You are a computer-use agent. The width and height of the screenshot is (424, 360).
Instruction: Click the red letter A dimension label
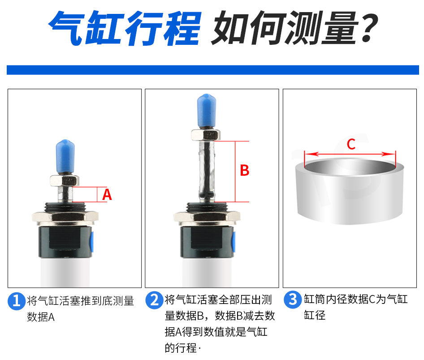107,195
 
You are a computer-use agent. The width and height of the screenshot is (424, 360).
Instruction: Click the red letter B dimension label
245,170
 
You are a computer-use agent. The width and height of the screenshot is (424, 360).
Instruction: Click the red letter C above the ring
351,144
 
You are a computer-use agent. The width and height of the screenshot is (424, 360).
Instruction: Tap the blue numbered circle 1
17,301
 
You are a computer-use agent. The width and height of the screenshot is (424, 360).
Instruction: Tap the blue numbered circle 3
293,299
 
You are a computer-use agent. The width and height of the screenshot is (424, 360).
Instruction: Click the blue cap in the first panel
65,157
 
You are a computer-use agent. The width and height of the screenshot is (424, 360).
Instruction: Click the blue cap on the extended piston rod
207,111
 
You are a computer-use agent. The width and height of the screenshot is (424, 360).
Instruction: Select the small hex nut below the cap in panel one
65,180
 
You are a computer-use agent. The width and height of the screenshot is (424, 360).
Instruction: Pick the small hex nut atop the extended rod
206,134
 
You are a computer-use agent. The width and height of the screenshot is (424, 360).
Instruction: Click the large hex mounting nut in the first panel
65,217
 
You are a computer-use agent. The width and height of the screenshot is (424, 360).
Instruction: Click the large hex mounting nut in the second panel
207,217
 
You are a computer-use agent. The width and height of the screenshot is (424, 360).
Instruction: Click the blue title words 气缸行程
125,28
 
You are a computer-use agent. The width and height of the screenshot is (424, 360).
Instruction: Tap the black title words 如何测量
285,28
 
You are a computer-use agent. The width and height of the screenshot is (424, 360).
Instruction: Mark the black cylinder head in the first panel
65,242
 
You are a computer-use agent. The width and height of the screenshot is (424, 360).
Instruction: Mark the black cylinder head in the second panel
207,242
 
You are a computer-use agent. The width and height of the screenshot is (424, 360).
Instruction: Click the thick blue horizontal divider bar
213,70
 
